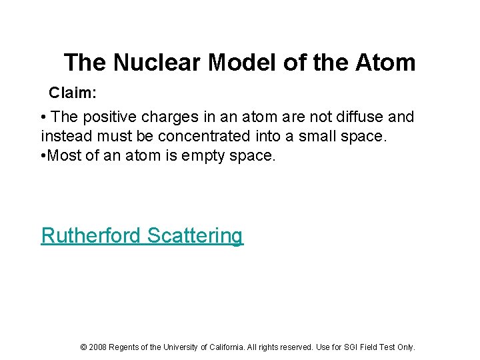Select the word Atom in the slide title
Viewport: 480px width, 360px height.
(x=385, y=63)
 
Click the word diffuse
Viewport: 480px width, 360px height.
(x=356, y=117)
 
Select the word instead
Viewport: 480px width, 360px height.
(x=64, y=137)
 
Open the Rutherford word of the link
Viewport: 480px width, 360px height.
(x=91, y=235)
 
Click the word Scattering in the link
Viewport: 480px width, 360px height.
(x=195, y=235)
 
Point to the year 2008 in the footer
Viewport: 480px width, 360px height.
(x=97, y=347)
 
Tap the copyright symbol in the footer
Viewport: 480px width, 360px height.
(x=83, y=347)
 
